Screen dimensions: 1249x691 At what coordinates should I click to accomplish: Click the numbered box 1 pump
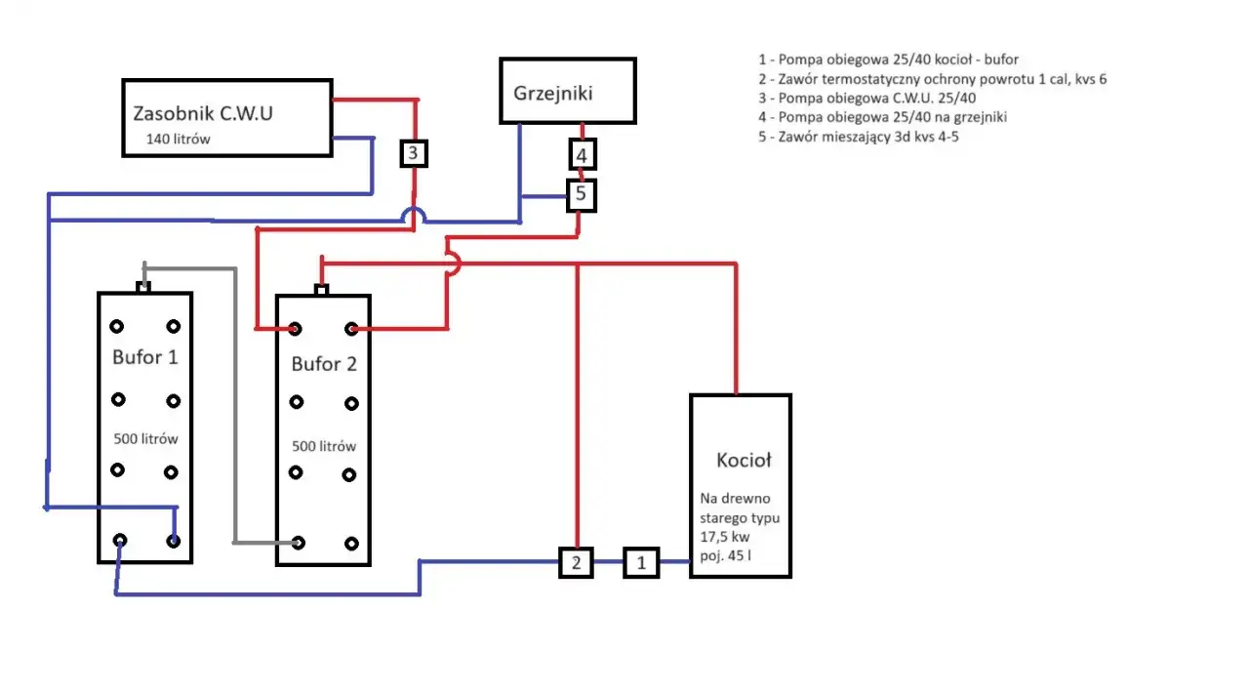pyautogui.click(x=641, y=562)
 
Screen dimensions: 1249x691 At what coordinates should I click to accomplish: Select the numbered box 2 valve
pyautogui.click(x=576, y=562)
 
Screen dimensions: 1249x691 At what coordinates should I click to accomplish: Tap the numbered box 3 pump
pyautogui.click(x=414, y=153)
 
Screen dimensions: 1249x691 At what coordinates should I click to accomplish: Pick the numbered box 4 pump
pyautogui.click(x=583, y=154)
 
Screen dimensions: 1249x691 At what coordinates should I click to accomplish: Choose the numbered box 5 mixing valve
pyautogui.click(x=582, y=195)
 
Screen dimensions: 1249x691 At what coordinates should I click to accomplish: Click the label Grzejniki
pyautogui.click(x=552, y=94)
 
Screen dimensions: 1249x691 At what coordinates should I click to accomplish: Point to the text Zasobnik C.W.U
pyautogui.click(x=203, y=113)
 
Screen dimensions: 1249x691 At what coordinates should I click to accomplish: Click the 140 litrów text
pyautogui.click(x=178, y=139)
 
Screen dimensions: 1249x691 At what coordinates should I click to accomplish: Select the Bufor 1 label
pyautogui.click(x=145, y=357)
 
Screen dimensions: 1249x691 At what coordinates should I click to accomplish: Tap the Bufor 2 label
pyautogui.click(x=324, y=364)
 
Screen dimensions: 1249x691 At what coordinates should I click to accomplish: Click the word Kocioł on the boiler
pyautogui.click(x=744, y=460)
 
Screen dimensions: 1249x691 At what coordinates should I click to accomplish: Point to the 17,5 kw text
pyautogui.click(x=725, y=537)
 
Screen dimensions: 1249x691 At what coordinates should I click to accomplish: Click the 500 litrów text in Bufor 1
pyautogui.click(x=145, y=439)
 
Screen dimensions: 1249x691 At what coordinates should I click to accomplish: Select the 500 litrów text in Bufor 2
pyautogui.click(x=324, y=446)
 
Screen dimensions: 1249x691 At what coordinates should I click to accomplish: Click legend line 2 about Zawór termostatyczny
pyautogui.click(x=932, y=79)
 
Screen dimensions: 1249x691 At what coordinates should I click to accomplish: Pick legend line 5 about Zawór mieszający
pyautogui.click(x=859, y=137)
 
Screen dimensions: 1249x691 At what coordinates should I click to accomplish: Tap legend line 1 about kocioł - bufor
pyautogui.click(x=888, y=60)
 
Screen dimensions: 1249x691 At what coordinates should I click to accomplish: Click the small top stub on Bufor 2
pyautogui.click(x=322, y=290)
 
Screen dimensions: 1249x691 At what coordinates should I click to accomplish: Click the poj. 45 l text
pyautogui.click(x=725, y=555)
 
